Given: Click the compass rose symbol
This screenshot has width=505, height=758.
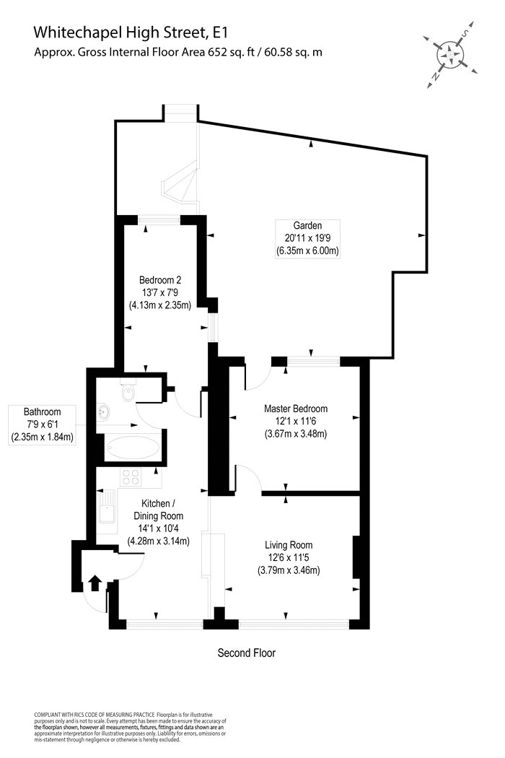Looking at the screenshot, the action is (x=450, y=54).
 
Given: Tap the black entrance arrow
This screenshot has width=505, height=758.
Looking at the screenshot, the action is (x=95, y=583).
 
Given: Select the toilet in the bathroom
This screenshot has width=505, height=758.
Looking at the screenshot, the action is (x=128, y=392).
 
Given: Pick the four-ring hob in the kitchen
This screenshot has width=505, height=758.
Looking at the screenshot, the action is (x=131, y=477).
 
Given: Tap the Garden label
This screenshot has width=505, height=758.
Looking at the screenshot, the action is (x=307, y=225).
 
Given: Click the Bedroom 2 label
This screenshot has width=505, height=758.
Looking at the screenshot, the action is (x=160, y=280).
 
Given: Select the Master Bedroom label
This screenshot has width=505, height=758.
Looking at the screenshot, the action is (x=296, y=409).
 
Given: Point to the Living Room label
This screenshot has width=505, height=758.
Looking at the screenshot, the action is (x=289, y=545).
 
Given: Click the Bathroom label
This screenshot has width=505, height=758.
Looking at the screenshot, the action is (x=43, y=412).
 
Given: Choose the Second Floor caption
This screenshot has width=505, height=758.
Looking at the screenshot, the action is (x=247, y=653).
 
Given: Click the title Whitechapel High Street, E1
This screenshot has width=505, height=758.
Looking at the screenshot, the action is (x=131, y=32).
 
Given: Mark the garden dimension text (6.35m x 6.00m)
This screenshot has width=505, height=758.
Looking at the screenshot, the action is (x=307, y=251).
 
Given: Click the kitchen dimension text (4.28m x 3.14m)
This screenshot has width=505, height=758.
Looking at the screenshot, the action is (x=159, y=541).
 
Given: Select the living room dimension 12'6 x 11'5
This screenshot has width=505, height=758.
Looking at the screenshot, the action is (x=289, y=558).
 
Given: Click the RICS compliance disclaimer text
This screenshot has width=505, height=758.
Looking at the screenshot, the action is (x=130, y=727).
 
